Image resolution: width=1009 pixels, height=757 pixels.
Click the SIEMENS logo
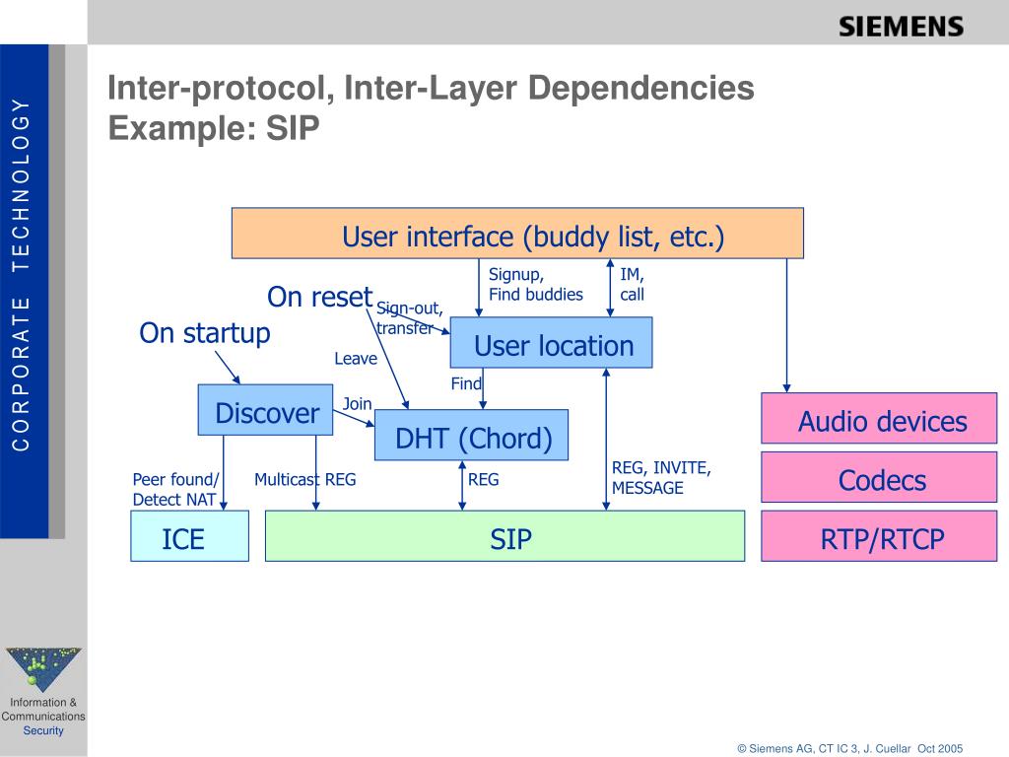[x=901, y=27]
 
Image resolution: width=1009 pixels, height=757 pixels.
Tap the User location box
[x=552, y=343]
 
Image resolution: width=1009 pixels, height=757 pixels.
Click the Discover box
[x=266, y=410]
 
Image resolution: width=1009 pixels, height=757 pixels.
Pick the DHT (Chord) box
[x=472, y=436]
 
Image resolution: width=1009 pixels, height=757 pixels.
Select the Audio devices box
[x=879, y=419]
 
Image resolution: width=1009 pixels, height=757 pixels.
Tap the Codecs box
[x=879, y=478]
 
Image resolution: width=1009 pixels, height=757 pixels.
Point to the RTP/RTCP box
[x=879, y=537]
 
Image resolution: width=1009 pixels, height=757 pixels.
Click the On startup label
[x=204, y=333]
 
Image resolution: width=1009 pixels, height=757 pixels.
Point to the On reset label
[x=319, y=297]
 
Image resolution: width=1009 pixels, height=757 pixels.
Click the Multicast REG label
[x=304, y=480]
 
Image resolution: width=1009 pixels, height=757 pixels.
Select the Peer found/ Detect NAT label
[x=175, y=489]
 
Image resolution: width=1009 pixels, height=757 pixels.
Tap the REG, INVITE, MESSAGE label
[x=661, y=478]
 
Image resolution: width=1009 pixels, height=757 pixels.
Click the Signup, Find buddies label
[x=535, y=285]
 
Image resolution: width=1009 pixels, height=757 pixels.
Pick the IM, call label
[x=632, y=285]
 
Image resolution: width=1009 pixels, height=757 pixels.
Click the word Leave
[x=355, y=359]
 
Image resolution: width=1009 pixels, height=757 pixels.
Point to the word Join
[x=357, y=404]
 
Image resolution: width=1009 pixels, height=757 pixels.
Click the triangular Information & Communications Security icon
[x=43, y=667]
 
